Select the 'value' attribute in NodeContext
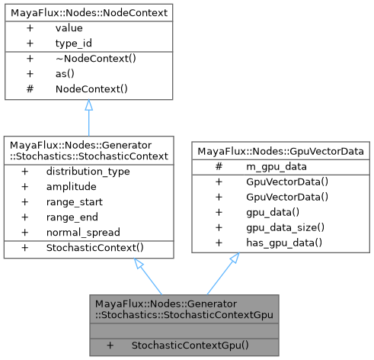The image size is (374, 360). pyautogui.click(x=68, y=28)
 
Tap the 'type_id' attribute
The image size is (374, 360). pyautogui.click(x=72, y=43)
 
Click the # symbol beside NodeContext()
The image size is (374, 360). pyautogui.click(x=30, y=89)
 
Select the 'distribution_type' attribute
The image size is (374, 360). pyautogui.click(x=88, y=172)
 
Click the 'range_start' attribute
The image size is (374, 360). pyautogui.click(x=75, y=202)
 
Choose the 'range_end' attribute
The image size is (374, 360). pyautogui.click(x=72, y=217)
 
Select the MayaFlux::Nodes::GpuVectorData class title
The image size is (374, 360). pyautogui.click(x=280, y=152)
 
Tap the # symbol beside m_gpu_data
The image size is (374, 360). pyautogui.click(x=219, y=167)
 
